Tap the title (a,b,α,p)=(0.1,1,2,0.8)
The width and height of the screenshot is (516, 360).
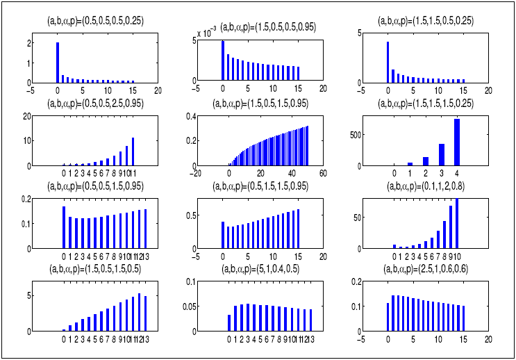426,187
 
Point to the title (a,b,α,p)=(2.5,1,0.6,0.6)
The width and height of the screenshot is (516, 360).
426,268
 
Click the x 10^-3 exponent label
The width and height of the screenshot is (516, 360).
206,32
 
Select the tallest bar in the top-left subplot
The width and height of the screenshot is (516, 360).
57,62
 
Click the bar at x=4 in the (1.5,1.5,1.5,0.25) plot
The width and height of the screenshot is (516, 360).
457,142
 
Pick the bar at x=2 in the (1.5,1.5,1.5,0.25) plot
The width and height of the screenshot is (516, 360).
425,161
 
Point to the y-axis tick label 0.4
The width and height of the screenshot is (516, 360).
186,116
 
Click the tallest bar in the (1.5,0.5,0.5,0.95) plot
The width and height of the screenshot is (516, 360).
223,61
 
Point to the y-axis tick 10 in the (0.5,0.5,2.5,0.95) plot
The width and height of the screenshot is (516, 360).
22,141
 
